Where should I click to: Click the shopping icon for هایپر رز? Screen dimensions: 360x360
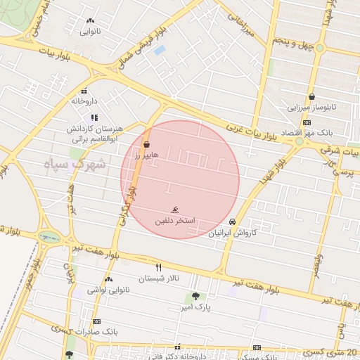[x=146, y=143]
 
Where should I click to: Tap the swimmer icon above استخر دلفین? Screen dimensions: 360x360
[x=174, y=210]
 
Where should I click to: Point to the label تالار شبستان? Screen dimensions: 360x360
[x=158, y=278]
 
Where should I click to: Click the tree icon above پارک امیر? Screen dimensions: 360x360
[x=195, y=296]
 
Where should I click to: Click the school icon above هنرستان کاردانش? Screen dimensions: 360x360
[x=94, y=117]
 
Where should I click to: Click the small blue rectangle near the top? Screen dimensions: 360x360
[x=160, y=50]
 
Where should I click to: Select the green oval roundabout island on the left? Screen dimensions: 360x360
[x=49, y=237]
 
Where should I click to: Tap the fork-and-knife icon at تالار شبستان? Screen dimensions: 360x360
[x=158, y=267]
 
